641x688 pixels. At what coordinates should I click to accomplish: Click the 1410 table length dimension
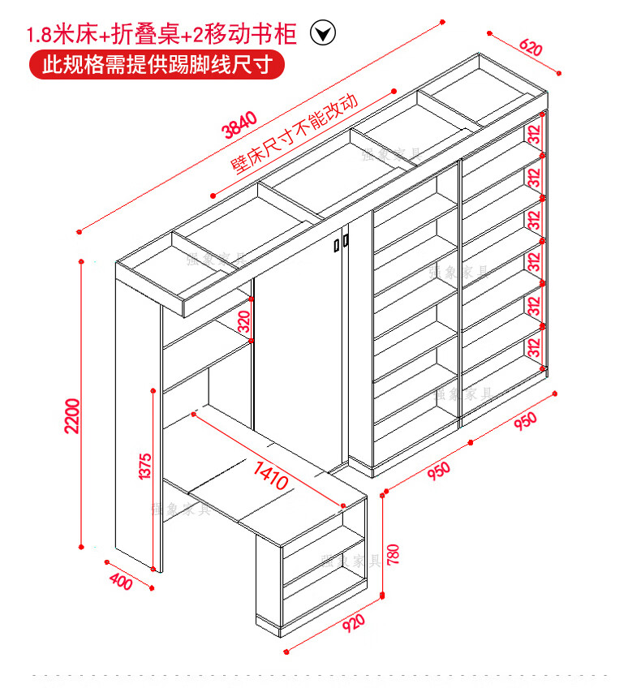point(272,475)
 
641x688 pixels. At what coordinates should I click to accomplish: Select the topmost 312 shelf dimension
point(534,132)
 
